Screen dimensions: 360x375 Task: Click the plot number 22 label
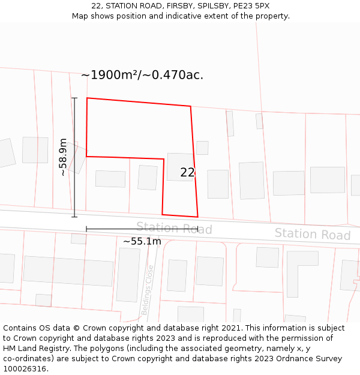coord(188,173)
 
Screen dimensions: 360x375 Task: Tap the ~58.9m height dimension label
coord(62,157)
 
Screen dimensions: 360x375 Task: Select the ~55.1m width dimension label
coord(142,241)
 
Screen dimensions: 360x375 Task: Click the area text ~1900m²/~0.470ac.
coord(142,75)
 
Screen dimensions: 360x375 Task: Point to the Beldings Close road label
coord(148,290)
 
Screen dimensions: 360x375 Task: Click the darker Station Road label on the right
coord(312,234)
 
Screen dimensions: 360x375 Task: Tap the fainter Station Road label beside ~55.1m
coord(174,228)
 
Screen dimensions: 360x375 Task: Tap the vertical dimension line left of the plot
coord(74,157)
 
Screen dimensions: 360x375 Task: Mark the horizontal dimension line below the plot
coord(142,229)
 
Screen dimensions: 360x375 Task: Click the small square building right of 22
coord(202,148)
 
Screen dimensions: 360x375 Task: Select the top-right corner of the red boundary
coord(191,107)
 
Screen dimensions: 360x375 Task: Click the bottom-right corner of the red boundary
coord(197,217)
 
